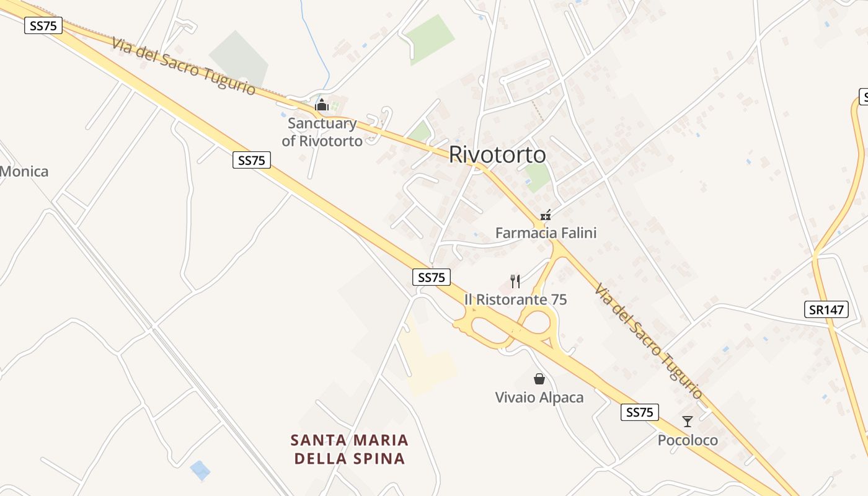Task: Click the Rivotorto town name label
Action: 497,154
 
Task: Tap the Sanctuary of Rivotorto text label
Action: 322,132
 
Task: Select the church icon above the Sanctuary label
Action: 321,105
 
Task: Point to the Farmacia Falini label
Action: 546,232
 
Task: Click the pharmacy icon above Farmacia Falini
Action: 546,215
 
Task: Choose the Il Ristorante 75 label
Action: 515,299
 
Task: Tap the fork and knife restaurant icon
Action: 515,281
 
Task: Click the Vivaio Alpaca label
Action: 539,397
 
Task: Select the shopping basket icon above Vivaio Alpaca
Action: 539,379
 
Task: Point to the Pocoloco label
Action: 688,440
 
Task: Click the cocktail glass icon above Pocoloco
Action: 688,422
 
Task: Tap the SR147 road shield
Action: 827,309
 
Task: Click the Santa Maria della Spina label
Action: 350,449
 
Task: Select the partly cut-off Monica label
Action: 24,172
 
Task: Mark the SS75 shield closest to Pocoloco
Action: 639,412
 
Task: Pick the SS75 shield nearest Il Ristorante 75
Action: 432,277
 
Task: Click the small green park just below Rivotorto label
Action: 537,177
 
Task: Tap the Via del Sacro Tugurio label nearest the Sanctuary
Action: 184,66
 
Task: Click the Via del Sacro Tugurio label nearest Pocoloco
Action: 649,342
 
